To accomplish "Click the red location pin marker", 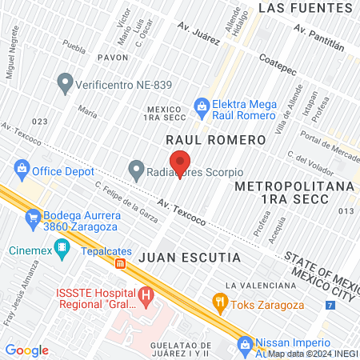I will point(181,163).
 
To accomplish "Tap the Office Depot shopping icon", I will point(21,170).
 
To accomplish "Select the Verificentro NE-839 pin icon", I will point(64,82).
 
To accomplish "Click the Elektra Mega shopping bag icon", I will point(202,105).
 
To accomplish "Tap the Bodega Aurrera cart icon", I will point(32,216).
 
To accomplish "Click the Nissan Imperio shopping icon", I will point(245,345).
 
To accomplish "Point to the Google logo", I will point(27,350).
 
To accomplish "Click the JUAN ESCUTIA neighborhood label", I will point(189,258).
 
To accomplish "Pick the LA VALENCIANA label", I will point(261,285).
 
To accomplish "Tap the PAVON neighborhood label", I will point(112,58).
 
